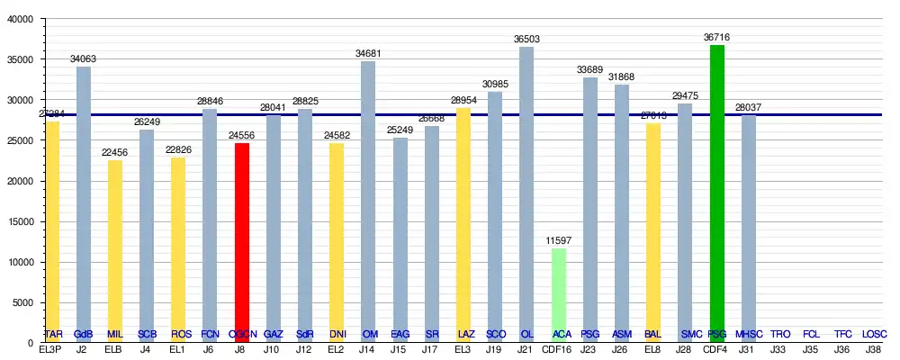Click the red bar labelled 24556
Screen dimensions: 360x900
(241, 243)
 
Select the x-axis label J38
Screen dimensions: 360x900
(873, 349)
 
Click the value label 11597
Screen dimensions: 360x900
(559, 241)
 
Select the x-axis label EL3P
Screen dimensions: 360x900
(52, 349)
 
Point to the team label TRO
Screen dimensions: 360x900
(780, 335)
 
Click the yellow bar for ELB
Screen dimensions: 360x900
(115, 251)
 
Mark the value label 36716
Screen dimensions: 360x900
(717, 38)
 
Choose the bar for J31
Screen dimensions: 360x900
(749, 229)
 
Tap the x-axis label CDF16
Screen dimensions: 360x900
(559, 349)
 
